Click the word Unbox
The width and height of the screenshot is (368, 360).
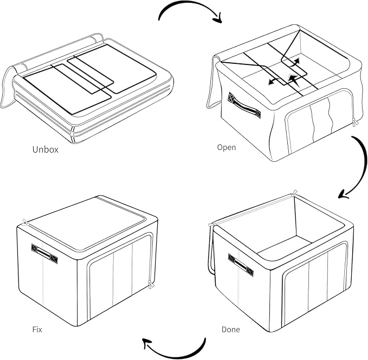click(46, 149)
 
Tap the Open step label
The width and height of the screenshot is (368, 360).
click(227, 148)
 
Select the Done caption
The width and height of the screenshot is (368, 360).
click(231, 330)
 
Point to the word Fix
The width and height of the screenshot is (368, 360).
click(37, 330)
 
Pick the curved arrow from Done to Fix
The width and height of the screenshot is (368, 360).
click(178, 357)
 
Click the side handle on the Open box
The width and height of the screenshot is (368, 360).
click(244, 106)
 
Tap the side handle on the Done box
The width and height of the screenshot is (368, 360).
click(241, 265)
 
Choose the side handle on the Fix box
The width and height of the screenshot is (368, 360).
click(44, 254)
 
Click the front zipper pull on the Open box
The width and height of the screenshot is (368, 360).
click(355, 122)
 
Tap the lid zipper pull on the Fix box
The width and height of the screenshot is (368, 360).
click(25, 222)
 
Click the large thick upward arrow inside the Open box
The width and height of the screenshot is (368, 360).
click(293, 80)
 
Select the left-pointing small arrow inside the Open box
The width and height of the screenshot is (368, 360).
click(274, 82)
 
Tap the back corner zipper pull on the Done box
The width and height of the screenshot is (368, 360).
click(294, 193)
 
